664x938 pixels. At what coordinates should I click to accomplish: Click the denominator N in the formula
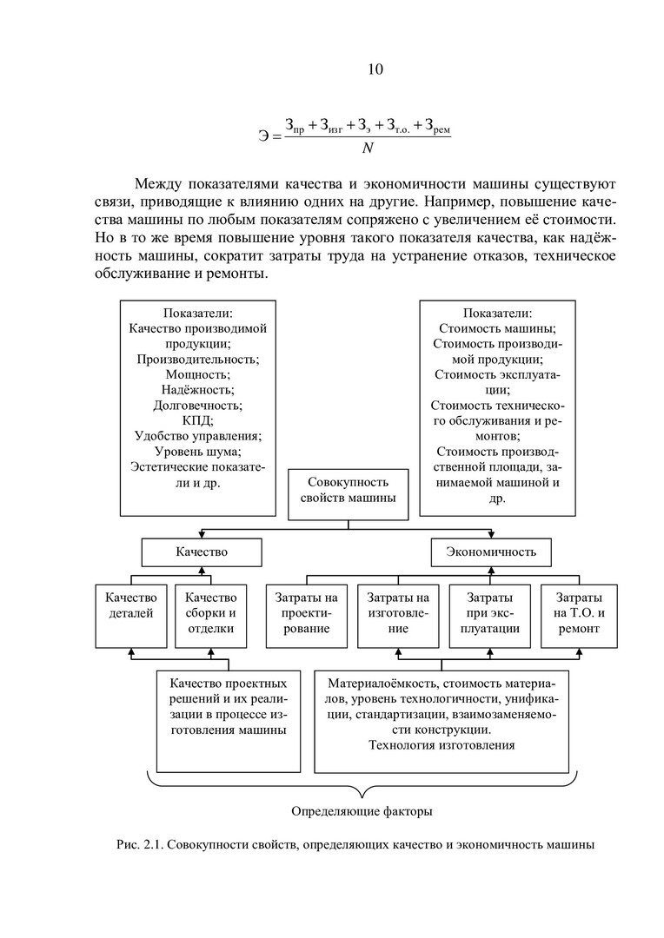coord(367,148)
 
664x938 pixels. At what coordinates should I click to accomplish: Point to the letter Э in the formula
coord(264,135)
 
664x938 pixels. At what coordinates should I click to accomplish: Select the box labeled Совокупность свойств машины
coord(348,489)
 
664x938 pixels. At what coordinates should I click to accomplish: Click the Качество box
coord(202,552)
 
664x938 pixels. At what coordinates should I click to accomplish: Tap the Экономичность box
coord(491,552)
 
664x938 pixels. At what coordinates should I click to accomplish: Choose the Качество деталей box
coord(130,616)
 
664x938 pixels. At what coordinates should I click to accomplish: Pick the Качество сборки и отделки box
coord(210,616)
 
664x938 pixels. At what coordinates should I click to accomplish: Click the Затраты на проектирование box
coord(306,616)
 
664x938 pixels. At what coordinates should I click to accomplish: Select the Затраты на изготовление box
coord(398,616)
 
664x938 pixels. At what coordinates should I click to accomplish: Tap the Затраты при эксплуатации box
coord(489,616)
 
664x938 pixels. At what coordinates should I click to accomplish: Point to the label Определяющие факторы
coord(361,812)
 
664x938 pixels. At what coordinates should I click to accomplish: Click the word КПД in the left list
coord(197,420)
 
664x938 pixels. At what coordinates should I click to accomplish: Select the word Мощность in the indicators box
coord(197,374)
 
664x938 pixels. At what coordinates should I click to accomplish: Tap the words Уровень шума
coord(197,452)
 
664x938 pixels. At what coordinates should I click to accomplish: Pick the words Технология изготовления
coord(442,744)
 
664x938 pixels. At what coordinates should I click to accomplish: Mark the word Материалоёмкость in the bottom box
coord(383,684)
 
